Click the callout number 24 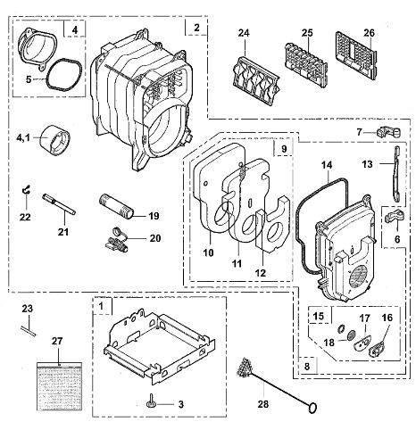[244, 33]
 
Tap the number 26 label [369, 33]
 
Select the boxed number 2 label [196, 28]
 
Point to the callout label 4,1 [23, 137]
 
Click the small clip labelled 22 [27, 190]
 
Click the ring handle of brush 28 [312, 408]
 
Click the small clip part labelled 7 [388, 132]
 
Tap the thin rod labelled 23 [29, 331]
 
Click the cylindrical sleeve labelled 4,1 [56, 140]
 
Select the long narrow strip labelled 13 [396, 174]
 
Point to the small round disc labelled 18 [352, 335]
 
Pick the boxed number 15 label [318, 316]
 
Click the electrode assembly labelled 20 [117, 240]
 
